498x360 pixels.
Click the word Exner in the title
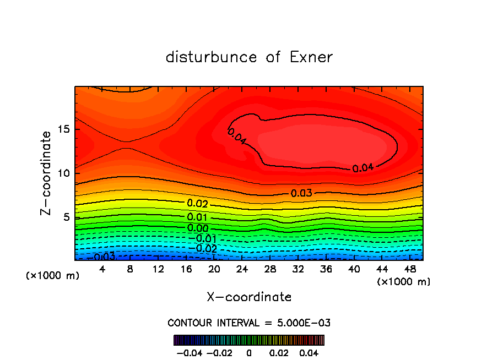pyautogui.click(x=311, y=57)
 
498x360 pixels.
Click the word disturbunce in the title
pyautogui.click(x=212, y=57)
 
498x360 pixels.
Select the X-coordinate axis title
pyautogui.click(x=249, y=297)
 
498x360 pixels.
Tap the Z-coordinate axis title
pyautogui.click(x=46, y=173)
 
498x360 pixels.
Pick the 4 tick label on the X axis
pyautogui.click(x=102, y=270)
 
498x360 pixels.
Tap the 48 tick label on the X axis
pyautogui.click(x=409, y=270)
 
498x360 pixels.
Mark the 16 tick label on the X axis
pyautogui.click(x=186, y=270)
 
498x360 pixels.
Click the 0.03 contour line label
pyautogui.click(x=301, y=193)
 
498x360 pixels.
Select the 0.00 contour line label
pyautogui.click(x=197, y=228)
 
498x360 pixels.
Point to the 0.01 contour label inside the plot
pyautogui.click(x=197, y=217)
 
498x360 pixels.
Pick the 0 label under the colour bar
pyautogui.click(x=249, y=352)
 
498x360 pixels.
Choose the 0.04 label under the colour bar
pyautogui.click(x=310, y=352)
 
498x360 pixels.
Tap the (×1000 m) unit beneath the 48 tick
pyautogui.click(x=403, y=282)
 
